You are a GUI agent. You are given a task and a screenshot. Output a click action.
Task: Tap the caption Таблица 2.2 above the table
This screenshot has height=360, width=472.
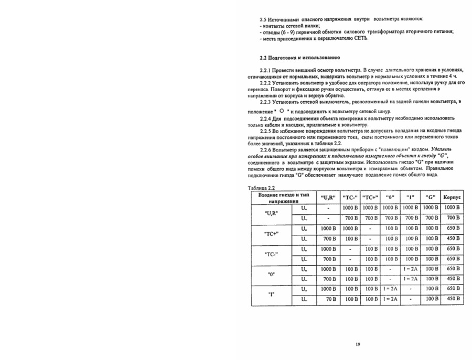[261, 188]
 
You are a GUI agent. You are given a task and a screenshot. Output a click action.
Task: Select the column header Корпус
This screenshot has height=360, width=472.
[452, 198]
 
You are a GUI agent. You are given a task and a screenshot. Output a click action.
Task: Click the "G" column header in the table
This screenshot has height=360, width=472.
[431, 198]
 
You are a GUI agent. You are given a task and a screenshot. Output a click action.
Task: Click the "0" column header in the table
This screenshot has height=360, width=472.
[390, 198]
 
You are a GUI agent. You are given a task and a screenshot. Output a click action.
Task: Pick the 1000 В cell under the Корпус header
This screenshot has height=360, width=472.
[452, 208]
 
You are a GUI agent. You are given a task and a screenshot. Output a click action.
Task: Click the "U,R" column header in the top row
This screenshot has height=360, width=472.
[328, 198]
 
